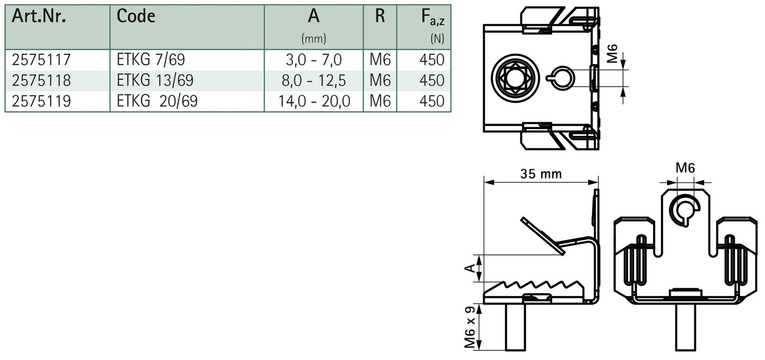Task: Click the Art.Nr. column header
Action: pos(39,16)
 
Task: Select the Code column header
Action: pos(136,16)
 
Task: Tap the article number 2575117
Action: pos(41,60)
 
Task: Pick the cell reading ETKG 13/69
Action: pos(155,80)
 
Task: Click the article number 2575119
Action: pos(41,101)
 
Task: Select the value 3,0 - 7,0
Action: pos(314,60)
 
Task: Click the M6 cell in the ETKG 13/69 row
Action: pos(380,80)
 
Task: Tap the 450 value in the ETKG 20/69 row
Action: pos(431,101)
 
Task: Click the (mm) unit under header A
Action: pos(314,38)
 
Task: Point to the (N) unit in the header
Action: pos(437,38)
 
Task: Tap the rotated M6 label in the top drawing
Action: pos(612,54)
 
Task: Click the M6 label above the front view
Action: pos(685,168)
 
